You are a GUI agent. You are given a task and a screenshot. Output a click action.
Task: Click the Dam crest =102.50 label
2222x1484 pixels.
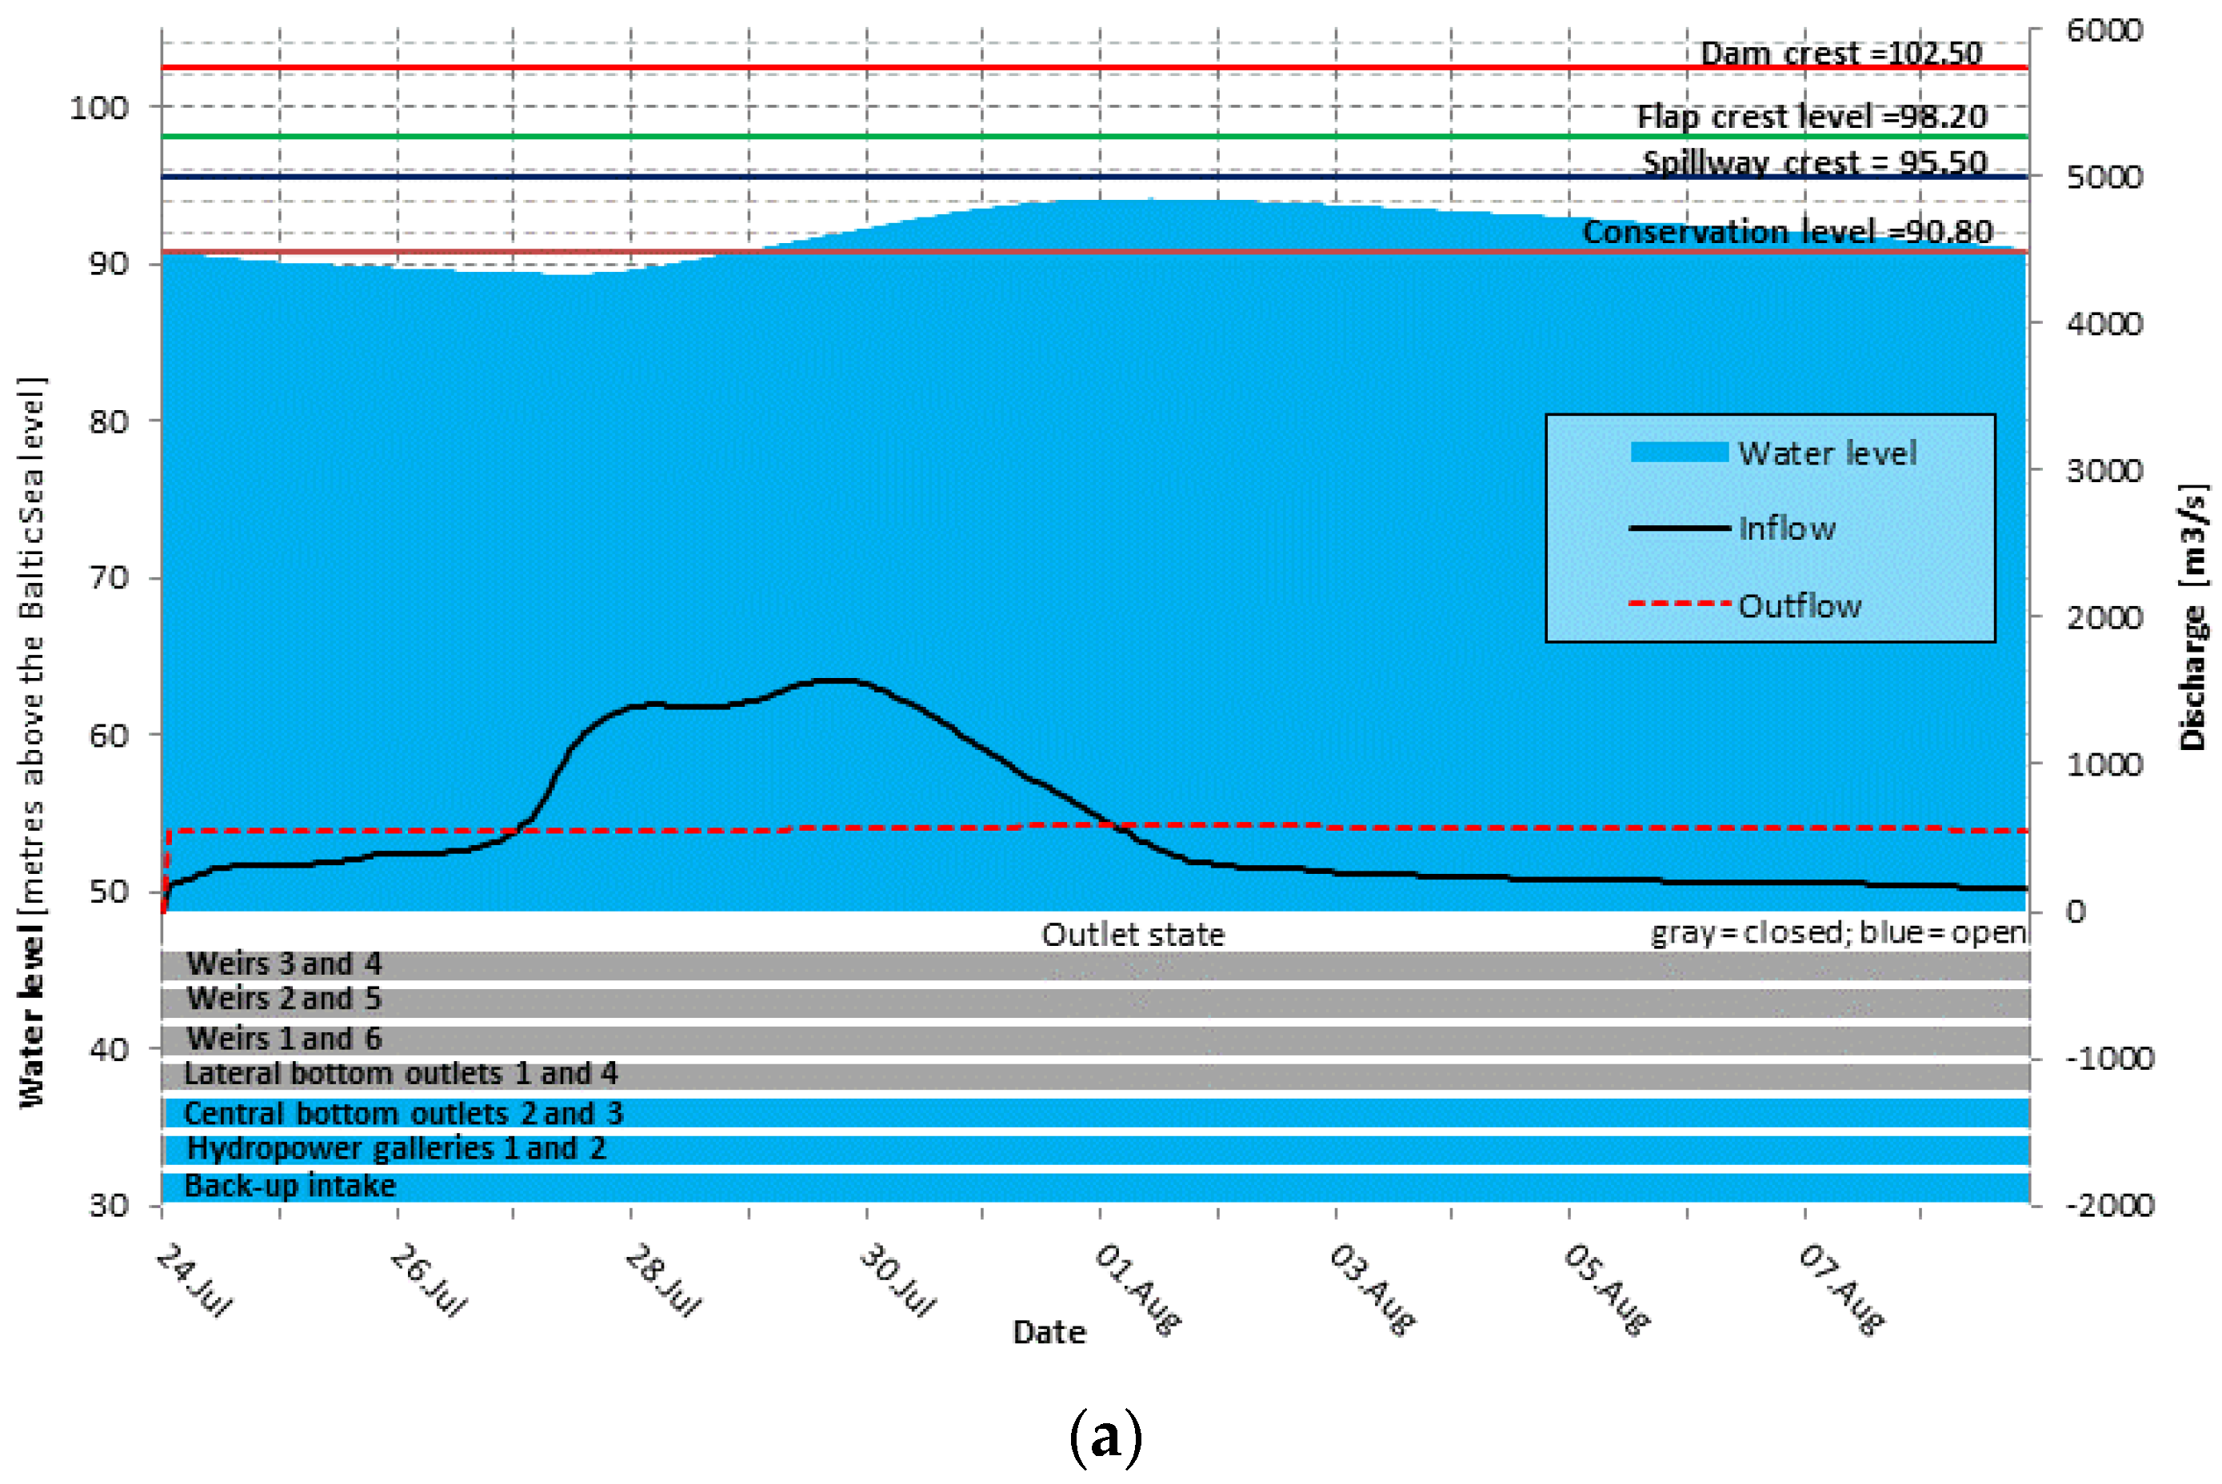click(1840, 53)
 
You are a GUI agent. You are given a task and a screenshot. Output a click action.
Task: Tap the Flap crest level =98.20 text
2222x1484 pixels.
click(1811, 117)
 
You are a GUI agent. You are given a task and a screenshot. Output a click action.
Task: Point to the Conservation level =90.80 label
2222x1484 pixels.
click(1788, 231)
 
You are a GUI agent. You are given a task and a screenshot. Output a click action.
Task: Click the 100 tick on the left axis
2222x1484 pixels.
click(98, 108)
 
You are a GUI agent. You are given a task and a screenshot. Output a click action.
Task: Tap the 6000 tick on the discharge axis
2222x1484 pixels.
click(2104, 30)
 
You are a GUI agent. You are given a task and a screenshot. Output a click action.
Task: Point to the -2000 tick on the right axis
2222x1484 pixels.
click(2109, 1205)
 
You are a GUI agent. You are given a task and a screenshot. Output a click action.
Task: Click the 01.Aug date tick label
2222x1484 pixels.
click(1137, 1289)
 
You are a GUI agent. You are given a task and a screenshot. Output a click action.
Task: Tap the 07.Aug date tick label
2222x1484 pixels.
click(1840, 1289)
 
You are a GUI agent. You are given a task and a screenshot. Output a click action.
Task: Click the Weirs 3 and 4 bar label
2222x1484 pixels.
click(284, 963)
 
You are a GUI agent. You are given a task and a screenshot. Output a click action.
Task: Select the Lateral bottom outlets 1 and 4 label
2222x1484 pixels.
click(401, 1073)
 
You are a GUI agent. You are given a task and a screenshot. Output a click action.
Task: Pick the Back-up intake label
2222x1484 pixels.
click(290, 1186)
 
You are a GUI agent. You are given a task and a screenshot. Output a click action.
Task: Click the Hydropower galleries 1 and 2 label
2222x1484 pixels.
click(396, 1148)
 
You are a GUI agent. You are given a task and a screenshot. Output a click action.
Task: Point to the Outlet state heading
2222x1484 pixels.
click(1133, 935)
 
